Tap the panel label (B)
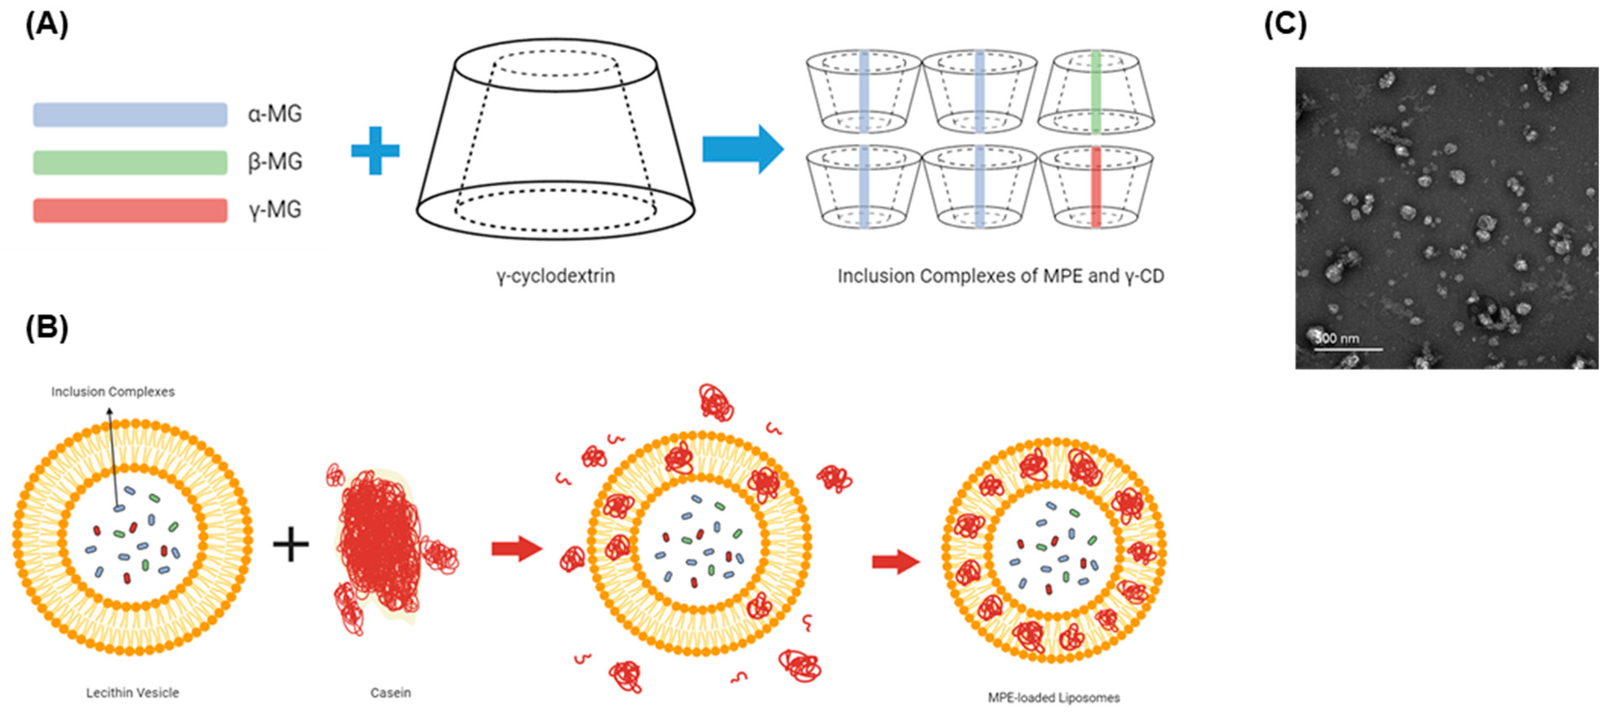(47, 327)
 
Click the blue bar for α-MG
(130, 115)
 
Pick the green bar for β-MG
(130, 162)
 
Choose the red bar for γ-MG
(130, 210)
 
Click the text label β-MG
(275, 162)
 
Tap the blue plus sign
(375, 151)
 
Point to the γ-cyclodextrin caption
(555, 276)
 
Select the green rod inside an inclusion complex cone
(1096, 92)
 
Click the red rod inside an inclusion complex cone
(1096, 187)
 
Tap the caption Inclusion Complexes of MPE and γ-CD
(1001, 276)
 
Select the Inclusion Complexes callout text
(113, 392)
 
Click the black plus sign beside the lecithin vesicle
(291, 544)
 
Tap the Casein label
(391, 693)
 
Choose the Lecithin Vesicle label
(132, 693)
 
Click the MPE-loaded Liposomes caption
(1054, 698)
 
